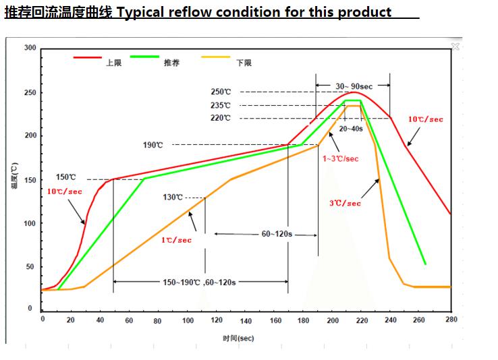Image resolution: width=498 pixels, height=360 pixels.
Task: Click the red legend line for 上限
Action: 87,59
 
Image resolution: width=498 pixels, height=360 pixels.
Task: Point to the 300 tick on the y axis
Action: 30,48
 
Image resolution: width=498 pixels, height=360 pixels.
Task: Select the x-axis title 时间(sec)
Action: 238,337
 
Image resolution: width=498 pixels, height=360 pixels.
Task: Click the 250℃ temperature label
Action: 221,92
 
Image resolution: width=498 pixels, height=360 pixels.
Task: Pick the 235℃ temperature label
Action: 221,105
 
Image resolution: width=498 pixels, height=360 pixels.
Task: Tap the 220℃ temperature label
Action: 221,118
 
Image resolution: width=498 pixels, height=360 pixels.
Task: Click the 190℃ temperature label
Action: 153,145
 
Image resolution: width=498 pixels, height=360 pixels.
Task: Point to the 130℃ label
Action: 173,198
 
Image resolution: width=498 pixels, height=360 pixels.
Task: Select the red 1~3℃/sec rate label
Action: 340,158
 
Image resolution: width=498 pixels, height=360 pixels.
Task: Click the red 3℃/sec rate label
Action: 345,203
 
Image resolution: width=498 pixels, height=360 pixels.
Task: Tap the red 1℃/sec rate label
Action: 176,240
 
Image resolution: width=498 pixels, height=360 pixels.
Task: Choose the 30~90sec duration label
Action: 354,86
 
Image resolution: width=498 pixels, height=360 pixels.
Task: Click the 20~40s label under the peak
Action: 351,128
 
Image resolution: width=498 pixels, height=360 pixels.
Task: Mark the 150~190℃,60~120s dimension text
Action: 199,282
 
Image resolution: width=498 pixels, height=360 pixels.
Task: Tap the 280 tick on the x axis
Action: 451,320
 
